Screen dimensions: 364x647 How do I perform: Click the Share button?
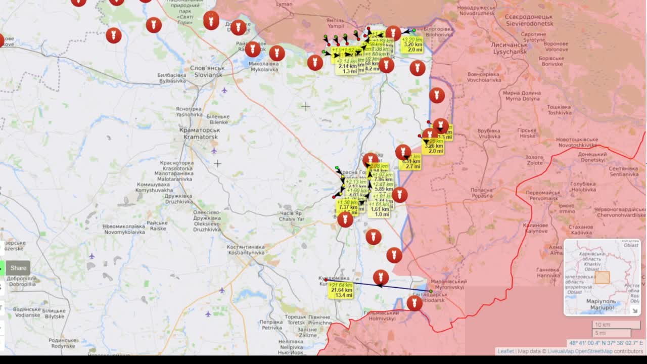18,268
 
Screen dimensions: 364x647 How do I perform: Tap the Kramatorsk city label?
199,133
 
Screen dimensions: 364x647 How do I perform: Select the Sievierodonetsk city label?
529,20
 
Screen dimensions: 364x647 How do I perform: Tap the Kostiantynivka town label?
246,249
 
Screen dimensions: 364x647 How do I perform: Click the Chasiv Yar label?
292,216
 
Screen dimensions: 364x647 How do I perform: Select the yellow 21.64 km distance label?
340,290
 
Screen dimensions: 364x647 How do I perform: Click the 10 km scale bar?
616,325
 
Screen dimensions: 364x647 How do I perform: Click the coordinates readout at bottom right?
606,343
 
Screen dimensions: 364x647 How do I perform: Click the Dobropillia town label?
22,281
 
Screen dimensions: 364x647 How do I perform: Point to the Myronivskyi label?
447,284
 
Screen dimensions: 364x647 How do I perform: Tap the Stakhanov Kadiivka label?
581,230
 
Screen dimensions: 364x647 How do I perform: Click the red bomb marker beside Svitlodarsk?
414,303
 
